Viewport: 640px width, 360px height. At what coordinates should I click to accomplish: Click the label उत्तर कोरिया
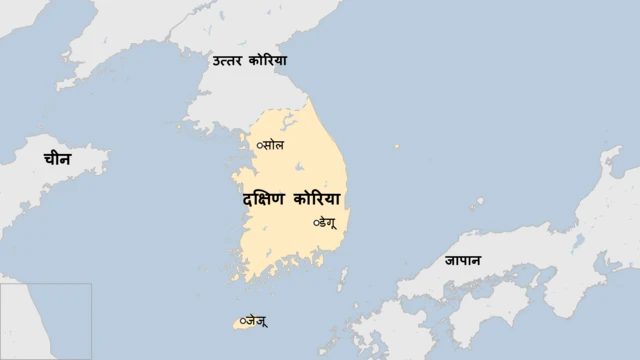click(249, 61)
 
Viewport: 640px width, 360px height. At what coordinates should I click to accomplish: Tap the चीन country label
click(56, 158)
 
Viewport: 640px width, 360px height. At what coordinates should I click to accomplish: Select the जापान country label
click(463, 261)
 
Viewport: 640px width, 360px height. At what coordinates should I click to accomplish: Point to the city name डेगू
click(329, 222)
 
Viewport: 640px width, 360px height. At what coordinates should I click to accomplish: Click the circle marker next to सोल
click(260, 146)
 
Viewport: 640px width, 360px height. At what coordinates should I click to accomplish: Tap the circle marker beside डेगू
click(316, 222)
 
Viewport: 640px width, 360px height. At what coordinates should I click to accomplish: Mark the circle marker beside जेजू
click(243, 320)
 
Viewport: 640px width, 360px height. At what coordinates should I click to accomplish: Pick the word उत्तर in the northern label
click(226, 61)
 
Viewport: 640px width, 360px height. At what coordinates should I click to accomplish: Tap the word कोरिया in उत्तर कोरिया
click(268, 61)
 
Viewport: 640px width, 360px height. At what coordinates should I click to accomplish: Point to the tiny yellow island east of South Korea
click(397, 146)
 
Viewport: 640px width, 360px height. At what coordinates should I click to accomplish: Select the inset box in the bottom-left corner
click(46, 321)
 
